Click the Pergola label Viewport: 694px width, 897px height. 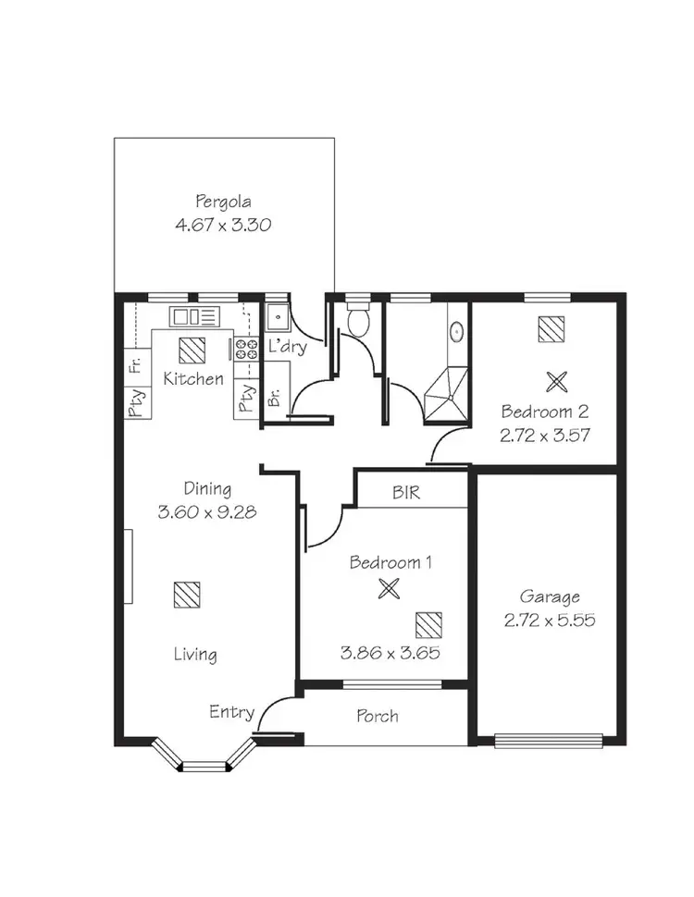click(x=223, y=201)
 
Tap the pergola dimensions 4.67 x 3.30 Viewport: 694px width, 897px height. click(x=223, y=225)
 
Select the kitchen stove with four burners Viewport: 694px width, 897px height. click(x=245, y=349)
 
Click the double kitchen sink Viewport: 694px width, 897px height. click(x=194, y=317)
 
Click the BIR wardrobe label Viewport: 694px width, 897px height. click(x=406, y=493)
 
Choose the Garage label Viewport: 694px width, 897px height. click(x=549, y=596)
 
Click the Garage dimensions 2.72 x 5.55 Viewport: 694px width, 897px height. click(x=549, y=621)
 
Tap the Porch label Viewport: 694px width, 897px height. click(x=378, y=716)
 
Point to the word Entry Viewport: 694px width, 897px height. click(x=231, y=711)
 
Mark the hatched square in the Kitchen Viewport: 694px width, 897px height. click(x=192, y=350)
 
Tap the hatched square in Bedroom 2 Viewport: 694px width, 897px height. click(x=551, y=328)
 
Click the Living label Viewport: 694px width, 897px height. click(x=195, y=655)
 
